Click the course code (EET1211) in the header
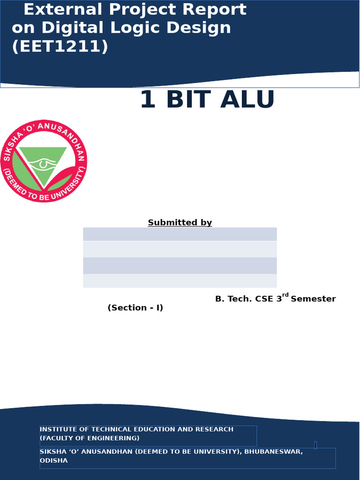(60, 47)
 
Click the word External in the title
(62, 9)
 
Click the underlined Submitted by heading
(180, 223)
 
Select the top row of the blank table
(180, 234)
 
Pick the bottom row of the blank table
(180, 281)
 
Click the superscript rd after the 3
(285, 295)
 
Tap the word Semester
(313, 299)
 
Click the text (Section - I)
(135, 308)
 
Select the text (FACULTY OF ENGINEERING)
(90, 438)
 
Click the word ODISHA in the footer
(53, 461)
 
